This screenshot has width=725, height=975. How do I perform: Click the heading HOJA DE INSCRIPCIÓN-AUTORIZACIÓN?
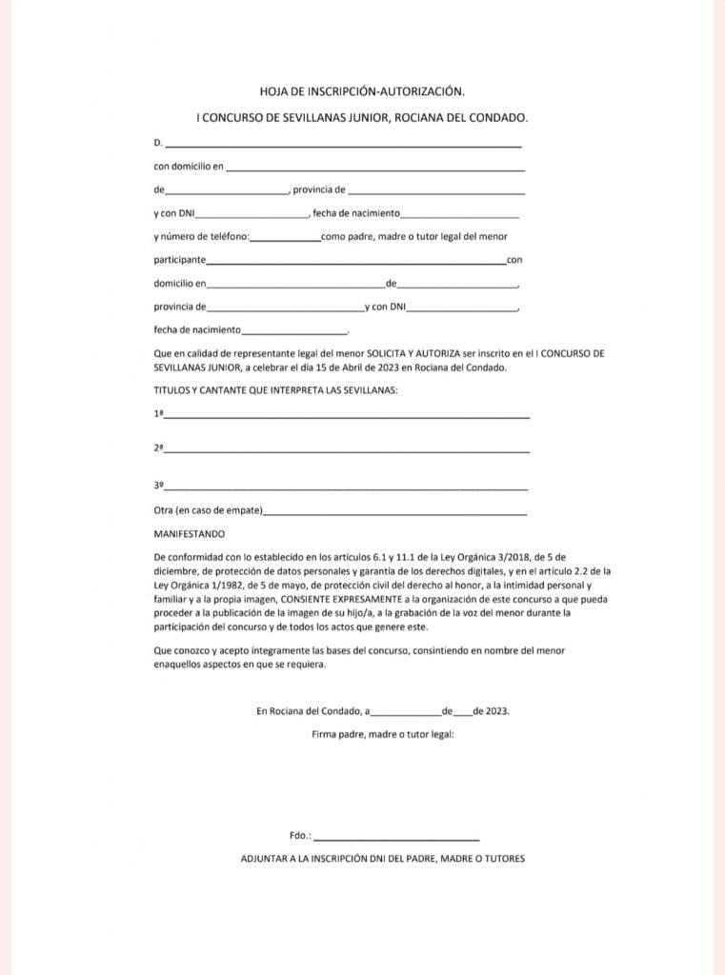point(362,91)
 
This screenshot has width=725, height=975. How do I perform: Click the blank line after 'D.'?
point(343,144)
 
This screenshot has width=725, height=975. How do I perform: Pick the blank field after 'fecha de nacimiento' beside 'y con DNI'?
point(460,214)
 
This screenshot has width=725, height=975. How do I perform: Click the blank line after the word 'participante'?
point(355,261)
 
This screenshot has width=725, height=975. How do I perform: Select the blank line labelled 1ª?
point(347,415)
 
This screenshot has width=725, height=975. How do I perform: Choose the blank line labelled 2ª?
point(347,449)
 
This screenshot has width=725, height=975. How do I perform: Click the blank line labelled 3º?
point(347,487)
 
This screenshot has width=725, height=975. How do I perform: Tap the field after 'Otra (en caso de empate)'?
point(394,511)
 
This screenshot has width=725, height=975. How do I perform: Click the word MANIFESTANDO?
point(190,534)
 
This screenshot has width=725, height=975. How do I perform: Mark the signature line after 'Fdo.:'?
point(395,837)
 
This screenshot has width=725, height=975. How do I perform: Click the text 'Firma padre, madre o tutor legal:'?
point(382,734)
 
